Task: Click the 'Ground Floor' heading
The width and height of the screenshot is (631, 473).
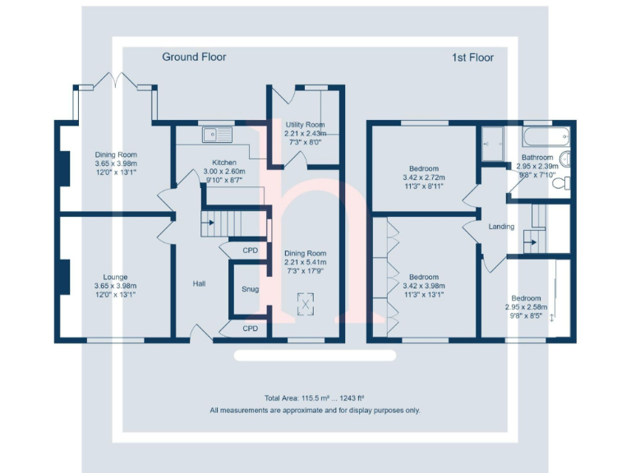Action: click(194, 57)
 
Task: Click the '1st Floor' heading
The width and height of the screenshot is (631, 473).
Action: click(472, 57)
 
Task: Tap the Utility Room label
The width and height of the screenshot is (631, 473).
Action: click(305, 123)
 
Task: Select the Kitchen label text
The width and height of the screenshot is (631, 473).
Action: click(224, 163)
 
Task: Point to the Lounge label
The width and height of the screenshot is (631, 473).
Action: click(115, 277)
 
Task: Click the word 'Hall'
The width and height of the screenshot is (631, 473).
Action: click(199, 283)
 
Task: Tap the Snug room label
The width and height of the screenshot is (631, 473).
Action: click(250, 289)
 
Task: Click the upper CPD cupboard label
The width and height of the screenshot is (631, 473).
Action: click(250, 250)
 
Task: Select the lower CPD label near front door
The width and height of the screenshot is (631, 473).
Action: click(250, 328)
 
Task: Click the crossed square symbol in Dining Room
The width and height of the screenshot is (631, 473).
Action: click(306, 305)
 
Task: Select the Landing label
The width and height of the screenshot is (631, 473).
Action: click(501, 227)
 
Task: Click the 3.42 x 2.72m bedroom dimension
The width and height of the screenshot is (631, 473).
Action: click(424, 177)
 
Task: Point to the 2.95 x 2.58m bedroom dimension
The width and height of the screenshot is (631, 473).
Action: click(527, 306)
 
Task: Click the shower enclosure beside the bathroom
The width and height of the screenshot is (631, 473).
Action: click(494, 140)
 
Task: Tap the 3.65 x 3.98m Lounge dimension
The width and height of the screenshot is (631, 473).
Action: click(115, 286)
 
